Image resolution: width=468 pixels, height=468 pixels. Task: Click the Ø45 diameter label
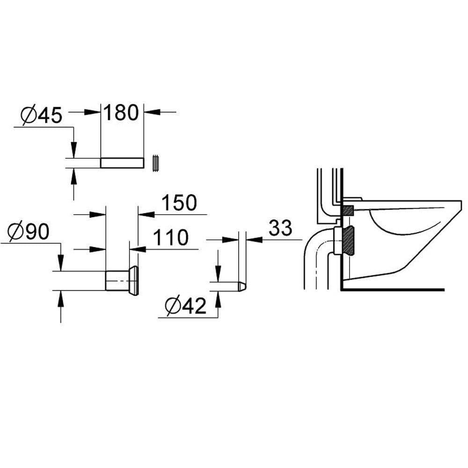click(42, 115)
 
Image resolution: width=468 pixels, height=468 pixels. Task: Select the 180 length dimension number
click(121, 112)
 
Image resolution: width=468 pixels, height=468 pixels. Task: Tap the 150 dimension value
click(179, 203)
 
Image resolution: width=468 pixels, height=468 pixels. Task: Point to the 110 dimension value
click(171, 237)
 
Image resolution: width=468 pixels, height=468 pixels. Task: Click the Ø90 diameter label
click(29, 232)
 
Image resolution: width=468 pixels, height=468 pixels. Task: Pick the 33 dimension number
click(280, 228)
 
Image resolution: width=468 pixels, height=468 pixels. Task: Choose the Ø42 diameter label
click(186, 306)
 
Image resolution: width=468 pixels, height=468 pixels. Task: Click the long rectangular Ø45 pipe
click(122, 163)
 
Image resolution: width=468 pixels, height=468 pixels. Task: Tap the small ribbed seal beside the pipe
click(156, 163)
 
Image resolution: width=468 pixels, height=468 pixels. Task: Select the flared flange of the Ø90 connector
click(134, 280)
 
